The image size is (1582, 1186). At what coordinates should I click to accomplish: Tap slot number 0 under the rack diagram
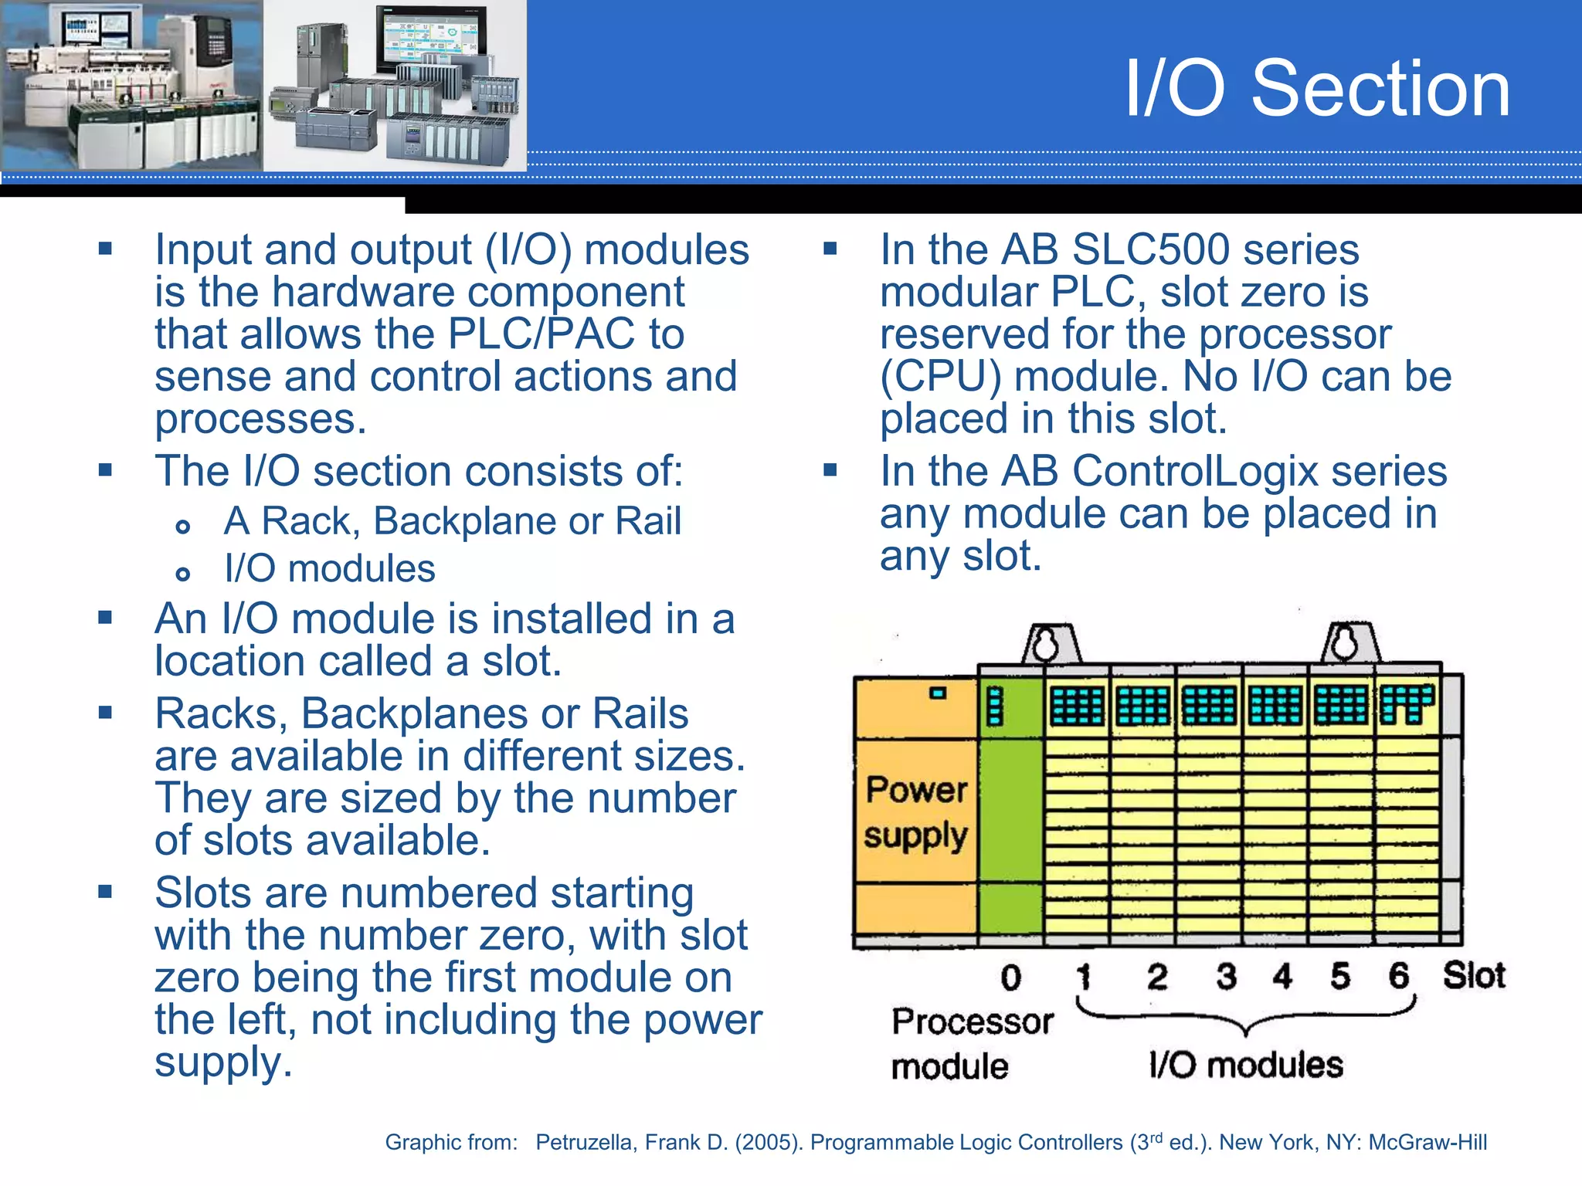click(1010, 978)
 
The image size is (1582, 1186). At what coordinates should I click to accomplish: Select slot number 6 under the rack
click(1398, 976)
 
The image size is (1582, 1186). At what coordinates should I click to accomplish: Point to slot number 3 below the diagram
click(1226, 976)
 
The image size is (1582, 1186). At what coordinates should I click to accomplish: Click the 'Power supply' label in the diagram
click(916, 812)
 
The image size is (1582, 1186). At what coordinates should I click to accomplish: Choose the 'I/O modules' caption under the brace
click(1245, 1065)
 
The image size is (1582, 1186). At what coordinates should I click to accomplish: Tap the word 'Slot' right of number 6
click(1474, 975)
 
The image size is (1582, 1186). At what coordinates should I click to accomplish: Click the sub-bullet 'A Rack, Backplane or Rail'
click(453, 521)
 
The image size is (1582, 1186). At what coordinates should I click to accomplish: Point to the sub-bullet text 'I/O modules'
click(330, 569)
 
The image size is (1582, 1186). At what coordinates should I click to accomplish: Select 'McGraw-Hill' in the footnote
click(1427, 1143)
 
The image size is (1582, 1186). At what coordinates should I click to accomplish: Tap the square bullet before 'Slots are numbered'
click(105, 893)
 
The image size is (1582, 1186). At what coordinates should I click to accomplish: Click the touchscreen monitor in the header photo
click(429, 39)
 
